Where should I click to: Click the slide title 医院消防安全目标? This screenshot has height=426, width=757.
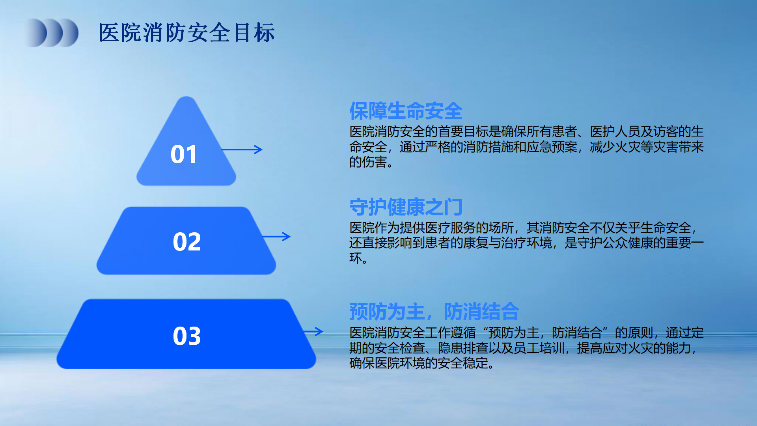186,32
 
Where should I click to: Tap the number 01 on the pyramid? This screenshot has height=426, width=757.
184,154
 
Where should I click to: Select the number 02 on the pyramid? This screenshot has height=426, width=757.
187,242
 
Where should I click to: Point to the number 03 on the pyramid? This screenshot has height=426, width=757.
187,336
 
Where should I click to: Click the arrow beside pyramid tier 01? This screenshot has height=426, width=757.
242,149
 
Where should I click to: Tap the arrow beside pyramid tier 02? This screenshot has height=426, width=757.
276,237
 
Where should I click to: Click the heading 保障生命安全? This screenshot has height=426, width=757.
406,111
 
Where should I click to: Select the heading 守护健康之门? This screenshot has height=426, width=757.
406,207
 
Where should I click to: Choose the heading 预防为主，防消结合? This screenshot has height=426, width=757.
434,312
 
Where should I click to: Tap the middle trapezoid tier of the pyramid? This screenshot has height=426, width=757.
186,241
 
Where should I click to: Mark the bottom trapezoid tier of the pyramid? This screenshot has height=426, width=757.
186,334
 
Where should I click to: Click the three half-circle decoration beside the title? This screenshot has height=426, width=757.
51,33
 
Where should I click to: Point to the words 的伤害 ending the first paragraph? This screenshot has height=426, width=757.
368,162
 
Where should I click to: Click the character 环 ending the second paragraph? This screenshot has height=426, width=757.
356,258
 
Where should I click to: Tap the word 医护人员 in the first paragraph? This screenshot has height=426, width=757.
615,131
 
